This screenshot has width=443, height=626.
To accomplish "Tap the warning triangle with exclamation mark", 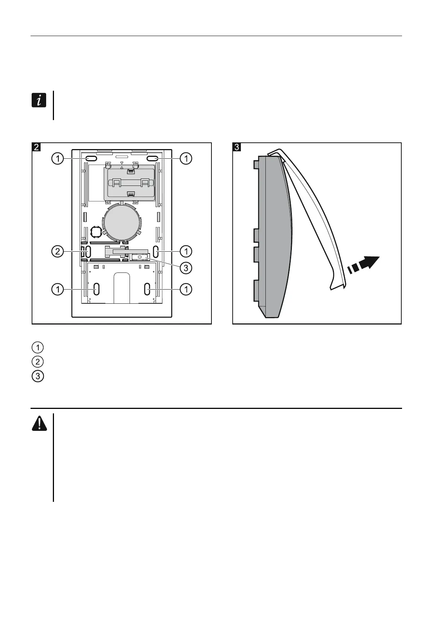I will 39,423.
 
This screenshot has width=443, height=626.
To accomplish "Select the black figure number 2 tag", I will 36,147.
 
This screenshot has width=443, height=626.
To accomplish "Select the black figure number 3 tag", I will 237,147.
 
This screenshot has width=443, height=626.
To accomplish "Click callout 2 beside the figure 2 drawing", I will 57,251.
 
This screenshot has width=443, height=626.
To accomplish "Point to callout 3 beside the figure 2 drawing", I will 186,268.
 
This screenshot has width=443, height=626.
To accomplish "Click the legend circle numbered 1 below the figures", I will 38,348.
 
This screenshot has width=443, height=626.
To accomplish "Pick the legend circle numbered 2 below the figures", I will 38,362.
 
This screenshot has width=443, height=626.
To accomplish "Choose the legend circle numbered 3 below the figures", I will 38,376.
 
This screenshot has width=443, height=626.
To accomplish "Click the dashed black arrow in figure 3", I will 363,265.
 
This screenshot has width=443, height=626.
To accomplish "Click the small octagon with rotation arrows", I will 96,232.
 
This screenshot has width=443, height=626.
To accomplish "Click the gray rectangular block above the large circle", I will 130,183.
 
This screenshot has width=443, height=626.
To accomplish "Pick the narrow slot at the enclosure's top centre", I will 121,158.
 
